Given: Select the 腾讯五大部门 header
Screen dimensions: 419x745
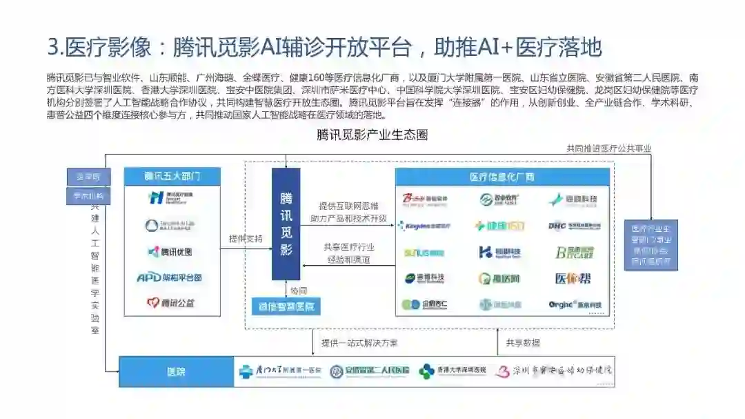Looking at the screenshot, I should coord(172,176).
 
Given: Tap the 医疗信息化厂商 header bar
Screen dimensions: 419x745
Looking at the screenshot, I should coord(502,177).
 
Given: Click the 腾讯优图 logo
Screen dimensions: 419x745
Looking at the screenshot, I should coord(170,252).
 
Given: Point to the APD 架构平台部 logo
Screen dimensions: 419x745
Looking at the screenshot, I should coord(170,277).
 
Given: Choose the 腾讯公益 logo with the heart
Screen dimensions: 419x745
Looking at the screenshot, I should coord(170,302).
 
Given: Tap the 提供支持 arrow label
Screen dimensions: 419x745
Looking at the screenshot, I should coord(246,239).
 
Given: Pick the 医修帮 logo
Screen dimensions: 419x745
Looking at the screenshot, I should coord(573,279).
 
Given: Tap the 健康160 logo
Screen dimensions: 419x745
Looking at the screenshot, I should coord(500,226).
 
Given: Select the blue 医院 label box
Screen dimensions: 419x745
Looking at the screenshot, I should coord(176,371).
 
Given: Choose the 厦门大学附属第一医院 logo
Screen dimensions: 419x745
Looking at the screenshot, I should coord(280,371).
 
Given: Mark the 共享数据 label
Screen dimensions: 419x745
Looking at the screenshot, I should coord(523,342).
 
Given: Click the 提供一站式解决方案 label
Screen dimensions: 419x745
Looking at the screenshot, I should coord(359,342).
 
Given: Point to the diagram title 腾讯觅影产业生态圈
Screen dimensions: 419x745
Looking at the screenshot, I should coord(372,135).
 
